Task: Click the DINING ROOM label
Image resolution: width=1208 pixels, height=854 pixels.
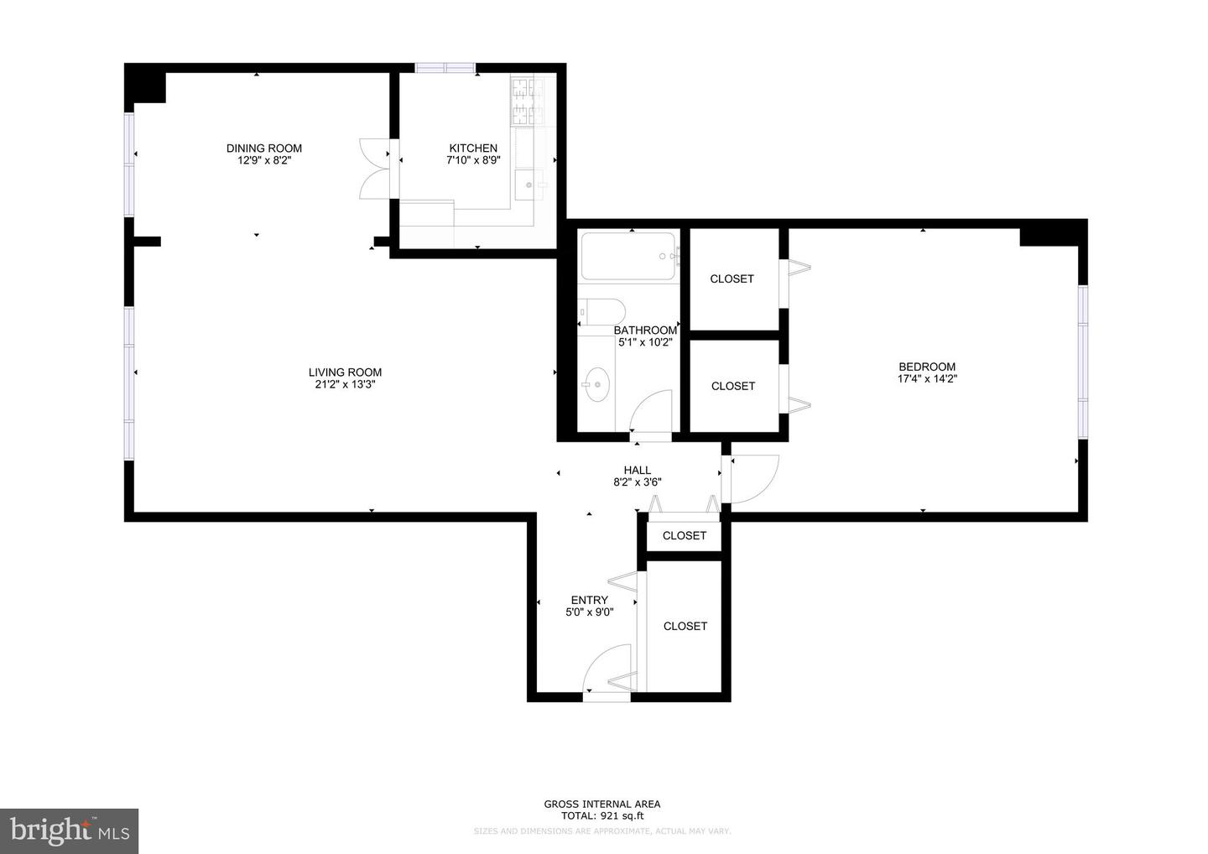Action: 263,148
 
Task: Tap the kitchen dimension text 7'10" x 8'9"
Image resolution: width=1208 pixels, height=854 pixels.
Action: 473,160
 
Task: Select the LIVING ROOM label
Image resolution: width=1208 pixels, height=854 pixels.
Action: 345,372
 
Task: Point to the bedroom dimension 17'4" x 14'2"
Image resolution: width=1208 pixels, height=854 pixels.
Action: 927,378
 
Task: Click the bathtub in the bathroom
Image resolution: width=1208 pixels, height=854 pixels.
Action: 629,256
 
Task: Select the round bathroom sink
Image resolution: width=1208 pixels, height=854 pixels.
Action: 596,386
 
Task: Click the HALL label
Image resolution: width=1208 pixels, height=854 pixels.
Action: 637,471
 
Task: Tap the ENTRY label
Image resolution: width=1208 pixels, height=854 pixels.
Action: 589,600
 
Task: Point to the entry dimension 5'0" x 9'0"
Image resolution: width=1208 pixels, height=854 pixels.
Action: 589,612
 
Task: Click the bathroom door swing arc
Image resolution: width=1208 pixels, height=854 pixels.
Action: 652,411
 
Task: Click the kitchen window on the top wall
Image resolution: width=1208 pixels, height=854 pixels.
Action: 445,68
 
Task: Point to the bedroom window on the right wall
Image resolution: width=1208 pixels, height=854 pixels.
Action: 1083,362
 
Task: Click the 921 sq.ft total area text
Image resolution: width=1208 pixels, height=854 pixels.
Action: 602,815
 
